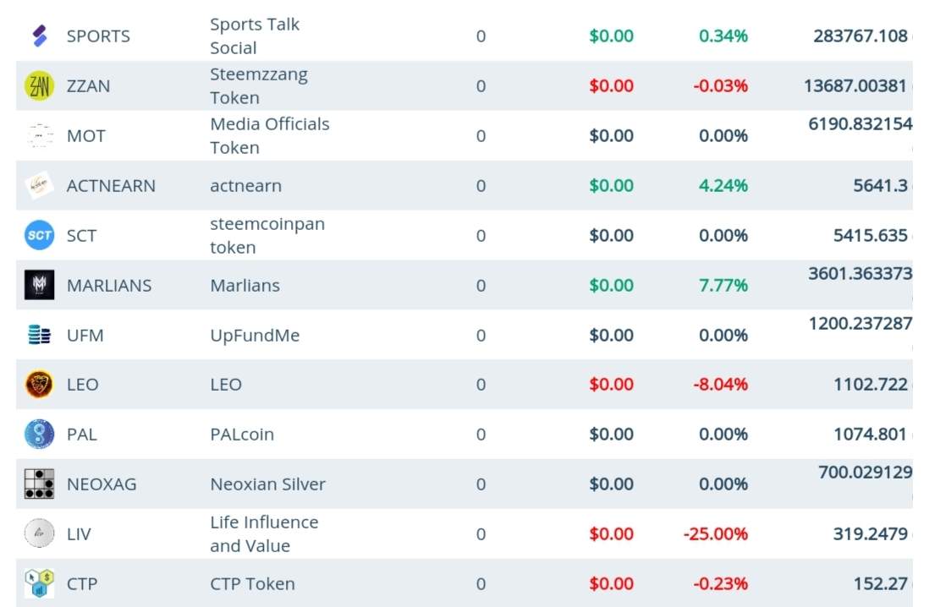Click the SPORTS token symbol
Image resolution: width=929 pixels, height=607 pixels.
[x=98, y=36]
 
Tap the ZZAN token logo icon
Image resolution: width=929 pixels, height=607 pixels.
[x=39, y=86]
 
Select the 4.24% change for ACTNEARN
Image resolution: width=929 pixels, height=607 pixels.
[x=723, y=186]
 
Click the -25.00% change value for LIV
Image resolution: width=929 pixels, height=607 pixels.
[x=715, y=534]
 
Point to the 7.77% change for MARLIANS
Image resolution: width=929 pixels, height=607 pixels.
[x=723, y=286]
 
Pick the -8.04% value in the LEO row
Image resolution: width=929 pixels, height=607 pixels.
[x=720, y=385]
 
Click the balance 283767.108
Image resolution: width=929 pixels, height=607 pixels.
[x=860, y=36]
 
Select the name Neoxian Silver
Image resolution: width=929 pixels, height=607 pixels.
[x=267, y=484]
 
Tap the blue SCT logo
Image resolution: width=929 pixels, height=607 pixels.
[x=39, y=236]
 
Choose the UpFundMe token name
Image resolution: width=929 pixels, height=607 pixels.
[x=255, y=336]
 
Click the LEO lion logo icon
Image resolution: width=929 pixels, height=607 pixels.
[x=39, y=385]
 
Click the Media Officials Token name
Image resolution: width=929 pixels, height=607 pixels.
[x=269, y=136]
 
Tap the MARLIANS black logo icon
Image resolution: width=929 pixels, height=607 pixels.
[x=39, y=286]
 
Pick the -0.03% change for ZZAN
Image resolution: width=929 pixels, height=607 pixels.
[x=720, y=86]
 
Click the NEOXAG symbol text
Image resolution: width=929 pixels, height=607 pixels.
[x=102, y=484]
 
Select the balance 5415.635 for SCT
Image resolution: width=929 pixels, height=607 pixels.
[x=870, y=236]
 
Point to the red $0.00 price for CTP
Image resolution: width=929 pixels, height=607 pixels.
[x=611, y=584]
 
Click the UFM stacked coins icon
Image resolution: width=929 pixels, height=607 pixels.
[x=39, y=336]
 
